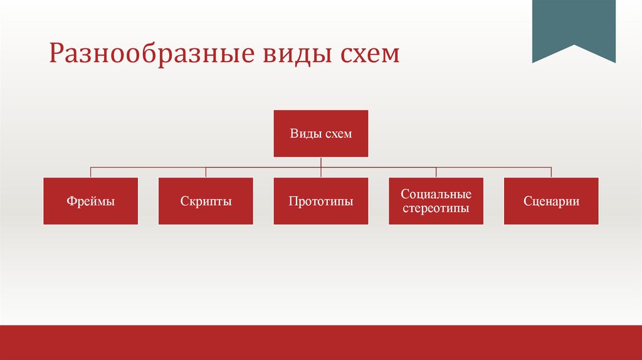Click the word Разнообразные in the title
pos(148,55)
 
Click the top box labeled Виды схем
pos(321,134)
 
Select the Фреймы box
pos(90,201)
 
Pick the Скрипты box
pos(206,201)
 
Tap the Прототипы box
pos(321,201)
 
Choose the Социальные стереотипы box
pos(436,201)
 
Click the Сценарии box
pos(551,201)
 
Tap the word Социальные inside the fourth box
pos(436,195)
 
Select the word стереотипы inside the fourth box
pos(436,208)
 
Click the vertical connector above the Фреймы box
pos(90,172)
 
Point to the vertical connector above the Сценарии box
pos(551,172)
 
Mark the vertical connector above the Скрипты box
pos(206,172)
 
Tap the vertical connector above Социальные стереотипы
pos(436,172)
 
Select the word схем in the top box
pos(339,134)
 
